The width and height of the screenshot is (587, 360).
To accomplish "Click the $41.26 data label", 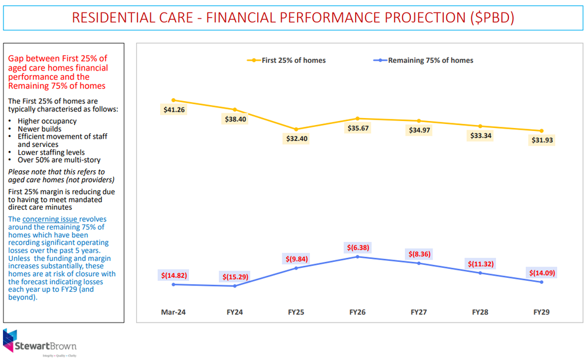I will (173, 110).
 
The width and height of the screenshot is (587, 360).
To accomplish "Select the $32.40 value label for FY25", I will (296, 139).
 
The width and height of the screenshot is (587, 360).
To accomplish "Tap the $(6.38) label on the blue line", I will (357, 247).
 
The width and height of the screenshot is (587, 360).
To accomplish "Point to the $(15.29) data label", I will (235, 277).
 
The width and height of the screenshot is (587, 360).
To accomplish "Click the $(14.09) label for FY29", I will (541, 272).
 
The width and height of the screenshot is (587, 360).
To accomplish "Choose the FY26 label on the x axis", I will (357, 312).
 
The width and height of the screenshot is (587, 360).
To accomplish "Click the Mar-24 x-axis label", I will (173, 312).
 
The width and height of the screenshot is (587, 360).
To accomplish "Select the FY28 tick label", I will (480, 312).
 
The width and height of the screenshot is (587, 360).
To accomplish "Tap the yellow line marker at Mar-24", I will (173, 100).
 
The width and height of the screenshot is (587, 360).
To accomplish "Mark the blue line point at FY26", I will (357, 257).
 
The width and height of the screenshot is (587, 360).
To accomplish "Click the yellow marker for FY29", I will (541, 131).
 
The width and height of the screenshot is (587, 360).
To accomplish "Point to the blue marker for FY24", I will (235, 286).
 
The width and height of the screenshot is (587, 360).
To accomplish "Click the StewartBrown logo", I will (40, 344).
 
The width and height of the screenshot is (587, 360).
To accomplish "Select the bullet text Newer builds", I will (39, 129).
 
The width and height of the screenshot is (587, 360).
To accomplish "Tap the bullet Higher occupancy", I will (47, 121).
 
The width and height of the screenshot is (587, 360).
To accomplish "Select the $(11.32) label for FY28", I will (480, 264).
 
